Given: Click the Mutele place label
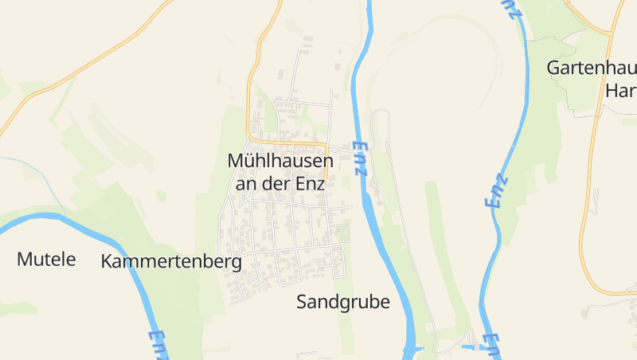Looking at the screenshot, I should [46, 259].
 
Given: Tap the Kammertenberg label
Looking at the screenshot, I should [171, 262].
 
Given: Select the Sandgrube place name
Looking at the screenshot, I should [343, 302].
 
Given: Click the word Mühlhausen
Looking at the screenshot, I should [280, 160].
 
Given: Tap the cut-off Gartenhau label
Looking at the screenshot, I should [591, 68].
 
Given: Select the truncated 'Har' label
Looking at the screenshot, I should [620, 90].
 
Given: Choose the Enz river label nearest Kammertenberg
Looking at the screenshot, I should [158, 345].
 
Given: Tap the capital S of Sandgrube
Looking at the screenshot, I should [303, 302].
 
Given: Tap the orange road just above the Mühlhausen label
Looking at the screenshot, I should [295, 143].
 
